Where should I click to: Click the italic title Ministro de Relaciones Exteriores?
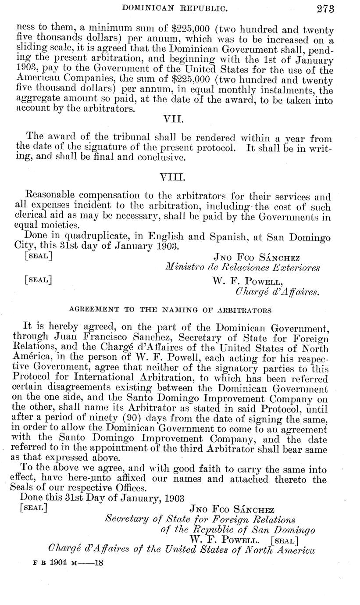[x=242, y=268]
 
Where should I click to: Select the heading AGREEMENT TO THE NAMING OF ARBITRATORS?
[x=170, y=310]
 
